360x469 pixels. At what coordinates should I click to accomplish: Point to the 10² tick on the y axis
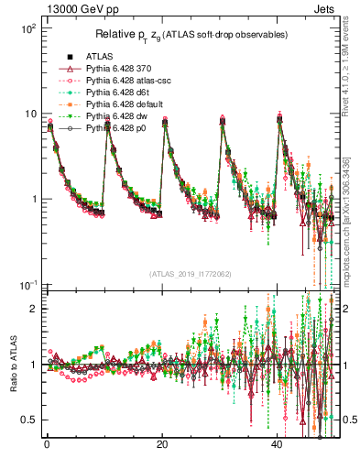tap(27, 29)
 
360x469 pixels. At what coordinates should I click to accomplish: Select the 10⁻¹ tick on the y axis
tap(27, 285)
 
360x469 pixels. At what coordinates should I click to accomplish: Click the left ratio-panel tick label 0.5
tap(29, 420)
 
